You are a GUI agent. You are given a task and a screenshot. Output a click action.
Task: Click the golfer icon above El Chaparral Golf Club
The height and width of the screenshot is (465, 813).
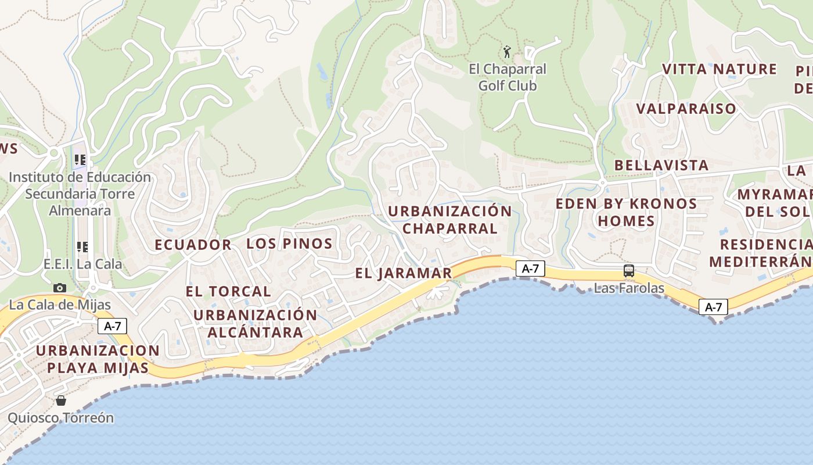(x=507, y=52)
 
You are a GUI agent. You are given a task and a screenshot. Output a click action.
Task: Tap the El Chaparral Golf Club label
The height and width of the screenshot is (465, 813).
(x=508, y=77)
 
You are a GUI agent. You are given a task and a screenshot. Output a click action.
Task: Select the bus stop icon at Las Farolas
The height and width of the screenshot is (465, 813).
(x=628, y=270)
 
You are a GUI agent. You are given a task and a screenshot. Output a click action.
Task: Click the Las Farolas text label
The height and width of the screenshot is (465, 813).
(x=629, y=288)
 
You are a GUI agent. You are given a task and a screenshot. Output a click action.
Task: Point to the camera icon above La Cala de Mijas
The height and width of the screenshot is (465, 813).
(x=59, y=288)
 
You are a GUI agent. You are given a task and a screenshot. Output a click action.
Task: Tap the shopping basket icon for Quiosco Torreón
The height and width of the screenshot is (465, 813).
(x=60, y=400)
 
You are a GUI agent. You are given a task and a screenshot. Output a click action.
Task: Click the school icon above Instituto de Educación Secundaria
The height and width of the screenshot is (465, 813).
(x=80, y=159)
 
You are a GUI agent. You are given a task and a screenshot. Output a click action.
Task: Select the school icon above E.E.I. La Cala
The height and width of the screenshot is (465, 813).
(x=82, y=247)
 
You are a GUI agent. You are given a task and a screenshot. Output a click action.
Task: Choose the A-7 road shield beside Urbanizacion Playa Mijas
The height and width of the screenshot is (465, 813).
(x=112, y=326)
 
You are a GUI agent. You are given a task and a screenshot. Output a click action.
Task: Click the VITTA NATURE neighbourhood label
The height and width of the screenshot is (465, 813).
(x=720, y=69)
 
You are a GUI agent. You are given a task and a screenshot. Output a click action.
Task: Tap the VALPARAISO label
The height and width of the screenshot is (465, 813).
(x=686, y=109)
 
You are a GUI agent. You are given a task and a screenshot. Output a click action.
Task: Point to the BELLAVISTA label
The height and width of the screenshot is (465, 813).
(x=661, y=165)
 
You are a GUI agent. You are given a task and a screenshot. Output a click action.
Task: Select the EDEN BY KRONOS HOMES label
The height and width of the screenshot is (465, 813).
(x=626, y=212)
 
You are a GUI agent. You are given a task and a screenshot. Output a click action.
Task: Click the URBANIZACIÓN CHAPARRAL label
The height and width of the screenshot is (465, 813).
(x=450, y=219)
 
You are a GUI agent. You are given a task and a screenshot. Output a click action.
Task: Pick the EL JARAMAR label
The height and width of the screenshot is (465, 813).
(x=404, y=273)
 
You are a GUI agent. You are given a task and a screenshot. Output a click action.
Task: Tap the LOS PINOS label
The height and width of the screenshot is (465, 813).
(x=289, y=244)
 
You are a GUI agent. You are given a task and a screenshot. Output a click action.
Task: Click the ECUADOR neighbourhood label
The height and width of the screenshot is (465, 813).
(x=193, y=245)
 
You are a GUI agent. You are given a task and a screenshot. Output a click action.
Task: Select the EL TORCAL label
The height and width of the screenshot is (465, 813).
(x=228, y=291)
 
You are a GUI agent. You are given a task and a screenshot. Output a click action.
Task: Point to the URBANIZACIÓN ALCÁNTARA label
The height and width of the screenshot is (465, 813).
(x=256, y=324)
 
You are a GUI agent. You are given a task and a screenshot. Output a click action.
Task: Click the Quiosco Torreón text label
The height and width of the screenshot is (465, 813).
(x=60, y=418)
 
